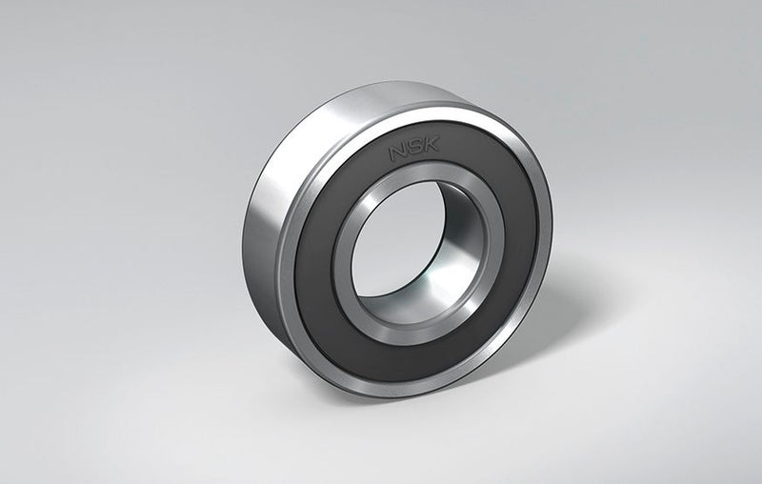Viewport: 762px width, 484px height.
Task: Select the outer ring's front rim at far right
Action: (x=548, y=219)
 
